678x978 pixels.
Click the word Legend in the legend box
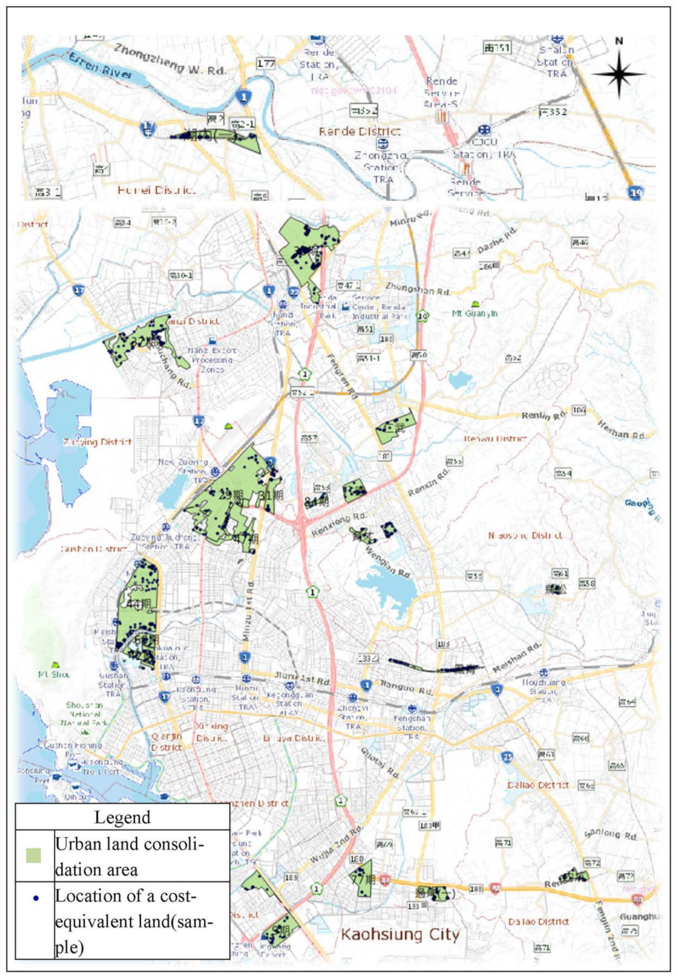point(122,817)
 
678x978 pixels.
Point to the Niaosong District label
point(526,535)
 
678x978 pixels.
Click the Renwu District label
point(495,438)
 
